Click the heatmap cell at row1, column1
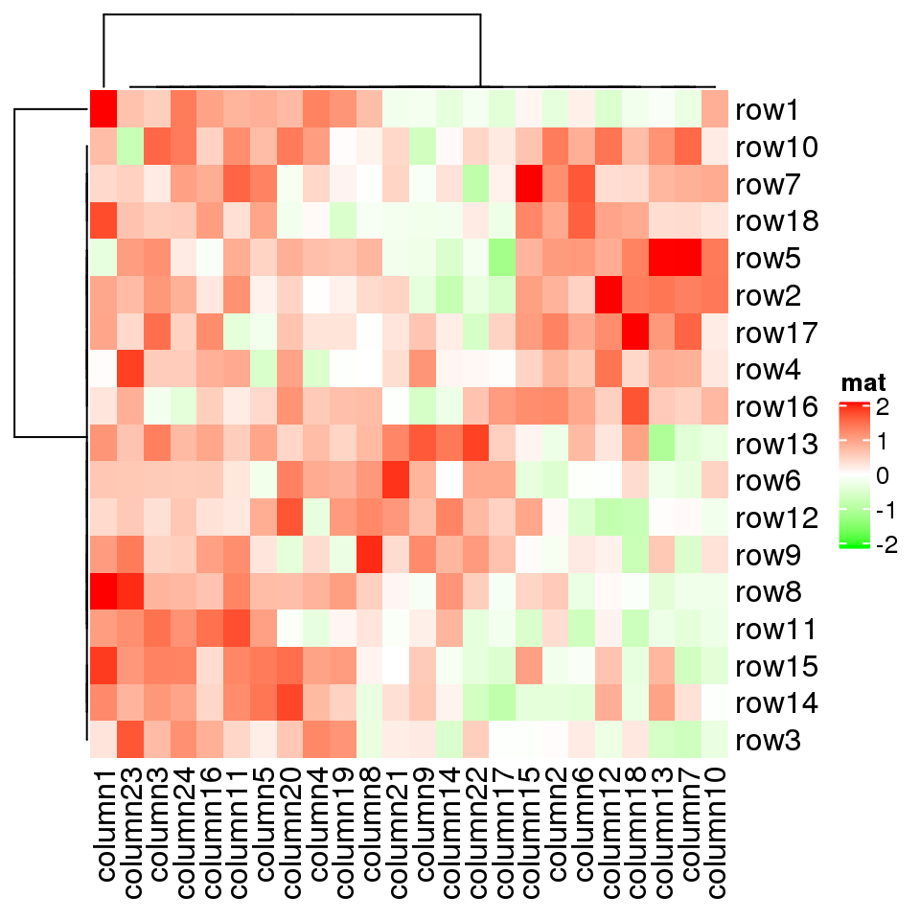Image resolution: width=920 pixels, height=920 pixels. tap(103, 108)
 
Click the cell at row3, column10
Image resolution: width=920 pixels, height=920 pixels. tap(714, 739)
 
